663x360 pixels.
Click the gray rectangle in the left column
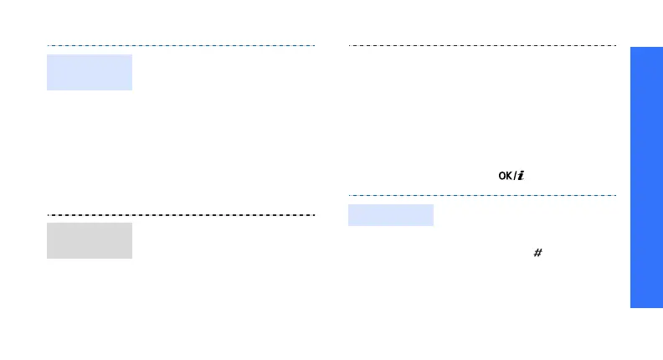[89, 240]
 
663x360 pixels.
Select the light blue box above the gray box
[89, 72]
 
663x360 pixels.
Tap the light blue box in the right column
[390, 215]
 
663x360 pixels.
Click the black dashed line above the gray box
[180, 214]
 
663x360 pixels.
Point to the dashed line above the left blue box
[180, 45]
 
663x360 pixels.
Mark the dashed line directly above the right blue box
[481, 196]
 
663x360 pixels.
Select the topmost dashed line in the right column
[481, 45]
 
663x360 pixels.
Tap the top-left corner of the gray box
[47, 223]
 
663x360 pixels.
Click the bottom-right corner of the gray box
[132, 258]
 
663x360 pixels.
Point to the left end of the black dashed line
[48, 214]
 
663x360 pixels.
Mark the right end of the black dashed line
[314, 214]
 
